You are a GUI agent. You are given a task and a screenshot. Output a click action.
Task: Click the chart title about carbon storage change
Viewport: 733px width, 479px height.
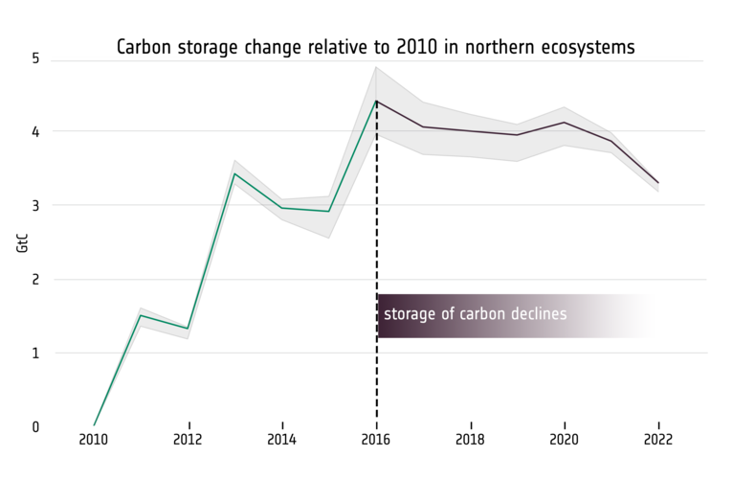375,47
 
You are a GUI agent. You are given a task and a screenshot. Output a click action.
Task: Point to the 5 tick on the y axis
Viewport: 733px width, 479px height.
35,58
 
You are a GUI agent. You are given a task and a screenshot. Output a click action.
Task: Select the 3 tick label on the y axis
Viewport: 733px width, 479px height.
35,205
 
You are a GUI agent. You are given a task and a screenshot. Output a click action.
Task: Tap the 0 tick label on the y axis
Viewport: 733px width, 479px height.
35,426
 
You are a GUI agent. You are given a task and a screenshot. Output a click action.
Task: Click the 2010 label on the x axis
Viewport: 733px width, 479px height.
94,440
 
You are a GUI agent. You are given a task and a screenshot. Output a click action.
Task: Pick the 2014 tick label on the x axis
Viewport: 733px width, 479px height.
282,440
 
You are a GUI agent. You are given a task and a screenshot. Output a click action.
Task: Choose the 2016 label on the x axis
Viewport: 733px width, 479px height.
376,440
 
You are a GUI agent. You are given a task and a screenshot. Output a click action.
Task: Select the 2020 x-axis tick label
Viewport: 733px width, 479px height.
565,440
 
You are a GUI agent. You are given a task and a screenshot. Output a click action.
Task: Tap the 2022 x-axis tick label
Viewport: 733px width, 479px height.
658,440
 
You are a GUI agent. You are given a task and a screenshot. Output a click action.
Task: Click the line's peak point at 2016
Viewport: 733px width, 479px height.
376,101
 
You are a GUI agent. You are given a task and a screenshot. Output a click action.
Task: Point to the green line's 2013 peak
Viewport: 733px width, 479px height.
235,173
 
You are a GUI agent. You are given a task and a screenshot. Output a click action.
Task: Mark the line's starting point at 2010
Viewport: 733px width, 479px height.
94,425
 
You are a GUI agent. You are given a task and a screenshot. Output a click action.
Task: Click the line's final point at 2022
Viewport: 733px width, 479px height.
658,183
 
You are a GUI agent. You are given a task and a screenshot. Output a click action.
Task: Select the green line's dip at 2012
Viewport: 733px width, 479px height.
189,329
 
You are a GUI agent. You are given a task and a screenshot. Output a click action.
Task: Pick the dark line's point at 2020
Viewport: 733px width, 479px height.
565,122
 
